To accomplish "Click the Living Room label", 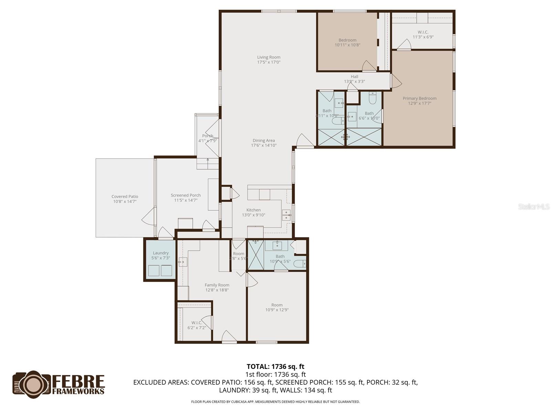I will pyautogui.click(x=269, y=57).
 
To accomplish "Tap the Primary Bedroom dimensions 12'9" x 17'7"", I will pyautogui.click(x=419, y=103).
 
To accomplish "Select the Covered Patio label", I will pyautogui.click(x=125, y=197).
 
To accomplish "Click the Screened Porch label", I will pyautogui.click(x=186, y=195).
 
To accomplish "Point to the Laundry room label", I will pyautogui.click(x=160, y=253).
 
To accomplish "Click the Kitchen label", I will pyautogui.click(x=253, y=210).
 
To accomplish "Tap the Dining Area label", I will pyautogui.click(x=264, y=140).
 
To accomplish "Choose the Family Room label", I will pyautogui.click(x=217, y=285).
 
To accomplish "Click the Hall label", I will pyautogui.click(x=354, y=77).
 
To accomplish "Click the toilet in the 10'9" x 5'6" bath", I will pyautogui.click(x=300, y=264).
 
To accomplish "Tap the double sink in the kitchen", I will pyautogui.click(x=286, y=215).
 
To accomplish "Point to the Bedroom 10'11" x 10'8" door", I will pyautogui.click(x=368, y=66).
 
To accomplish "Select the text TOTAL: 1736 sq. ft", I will pyautogui.click(x=275, y=367).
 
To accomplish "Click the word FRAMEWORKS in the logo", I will pyautogui.click(x=78, y=391).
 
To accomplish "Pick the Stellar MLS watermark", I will pyautogui.click(x=534, y=206).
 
